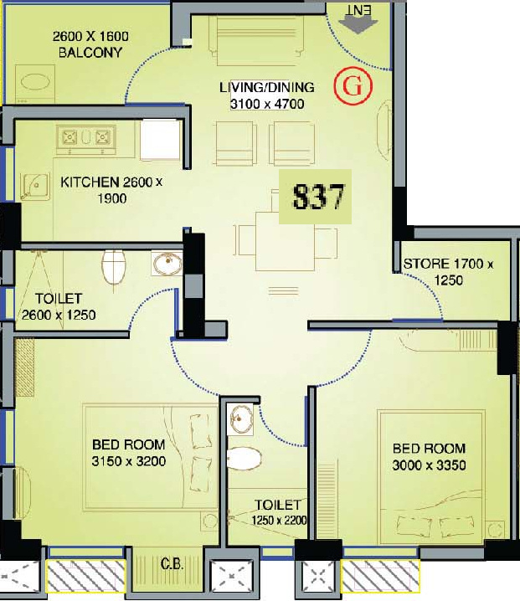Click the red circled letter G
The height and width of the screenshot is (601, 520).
[x=353, y=86]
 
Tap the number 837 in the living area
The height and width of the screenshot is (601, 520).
[x=318, y=197]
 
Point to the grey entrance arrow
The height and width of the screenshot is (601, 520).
[x=358, y=26]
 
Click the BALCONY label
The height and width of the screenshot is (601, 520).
[x=90, y=52]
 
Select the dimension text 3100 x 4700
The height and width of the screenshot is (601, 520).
[x=267, y=104]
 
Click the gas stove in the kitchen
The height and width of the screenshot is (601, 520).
[x=86, y=137]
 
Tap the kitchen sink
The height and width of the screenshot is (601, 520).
[x=35, y=187]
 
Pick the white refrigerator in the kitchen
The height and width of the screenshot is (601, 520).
[x=160, y=141]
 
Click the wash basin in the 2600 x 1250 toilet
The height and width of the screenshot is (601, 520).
[x=167, y=264]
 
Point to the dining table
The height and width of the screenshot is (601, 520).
[x=286, y=242]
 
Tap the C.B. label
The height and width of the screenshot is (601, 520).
[x=172, y=564]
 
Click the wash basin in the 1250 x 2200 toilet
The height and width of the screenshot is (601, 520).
[x=239, y=419]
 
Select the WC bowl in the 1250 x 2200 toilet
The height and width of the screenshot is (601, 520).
[x=244, y=458]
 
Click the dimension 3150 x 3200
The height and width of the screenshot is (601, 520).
[x=128, y=461]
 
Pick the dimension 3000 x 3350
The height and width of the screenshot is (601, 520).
[x=429, y=465]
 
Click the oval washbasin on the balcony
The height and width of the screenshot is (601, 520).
[x=35, y=82]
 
